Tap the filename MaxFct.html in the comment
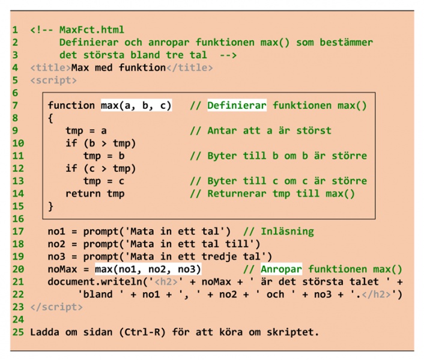pyautogui.click(x=92, y=29)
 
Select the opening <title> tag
pyautogui.click(x=50, y=67)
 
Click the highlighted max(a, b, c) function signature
pyautogui.click(x=136, y=105)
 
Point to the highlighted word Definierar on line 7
pyautogui.click(x=237, y=105)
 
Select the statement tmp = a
pyautogui.click(x=86, y=130)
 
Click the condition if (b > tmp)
pyautogui.click(x=101, y=143)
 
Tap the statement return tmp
pyautogui.click(x=95, y=194)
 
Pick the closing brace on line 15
pyautogui.click(x=51, y=206)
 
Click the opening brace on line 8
pyautogui.click(x=51, y=118)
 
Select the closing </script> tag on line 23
pyautogui.click(x=56, y=307)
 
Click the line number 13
pyautogui.click(x=17, y=181)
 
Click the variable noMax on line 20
pyautogui.click(x=62, y=269)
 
